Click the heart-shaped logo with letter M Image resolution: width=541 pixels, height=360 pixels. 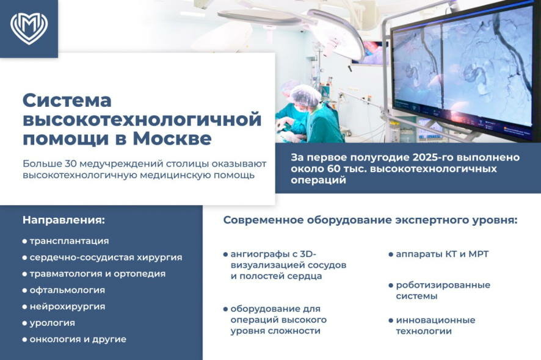[x=29, y=29]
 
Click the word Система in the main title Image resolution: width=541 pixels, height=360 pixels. [x=67, y=101]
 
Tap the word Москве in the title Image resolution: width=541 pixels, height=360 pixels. [x=172, y=139]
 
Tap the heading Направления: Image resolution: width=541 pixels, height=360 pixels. [x=64, y=220]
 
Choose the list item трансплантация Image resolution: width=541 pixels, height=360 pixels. [x=69, y=241]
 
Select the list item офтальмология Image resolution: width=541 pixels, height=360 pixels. [x=67, y=290]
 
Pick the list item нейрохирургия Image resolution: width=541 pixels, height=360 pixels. [x=67, y=306]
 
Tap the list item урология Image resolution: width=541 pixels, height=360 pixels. [x=52, y=323]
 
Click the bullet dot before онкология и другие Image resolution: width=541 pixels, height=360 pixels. [x=24, y=340]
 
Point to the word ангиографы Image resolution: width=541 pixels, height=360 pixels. [x=259, y=254]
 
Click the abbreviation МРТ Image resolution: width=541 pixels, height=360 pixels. [x=478, y=254]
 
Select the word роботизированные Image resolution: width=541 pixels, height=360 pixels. [x=443, y=285]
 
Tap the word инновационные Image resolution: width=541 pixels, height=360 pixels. [x=435, y=320]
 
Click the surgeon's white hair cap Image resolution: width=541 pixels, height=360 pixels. [x=305, y=95]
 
